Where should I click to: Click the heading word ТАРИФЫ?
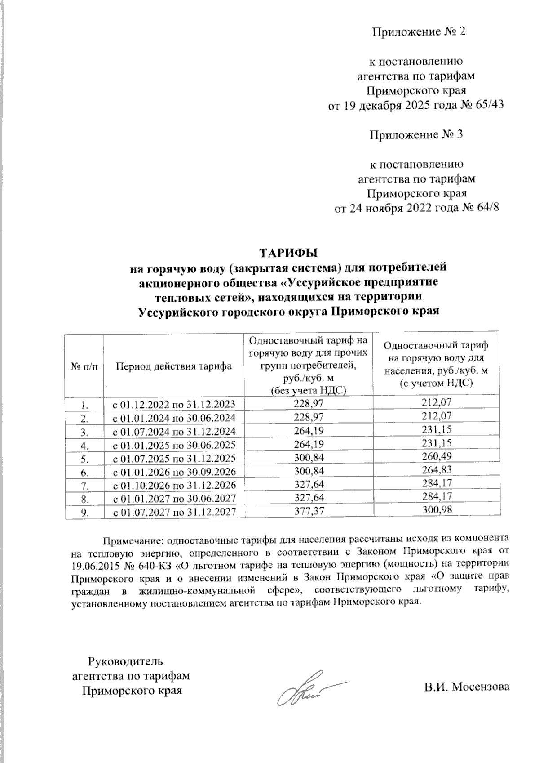coord(288,251)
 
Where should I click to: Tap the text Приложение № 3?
coord(415,134)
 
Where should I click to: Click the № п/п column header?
coord(84,366)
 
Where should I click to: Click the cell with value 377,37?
coord(308,511)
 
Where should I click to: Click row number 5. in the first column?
coord(84,458)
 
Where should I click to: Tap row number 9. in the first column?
coord(84,511)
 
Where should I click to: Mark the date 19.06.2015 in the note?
coord(92,564)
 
